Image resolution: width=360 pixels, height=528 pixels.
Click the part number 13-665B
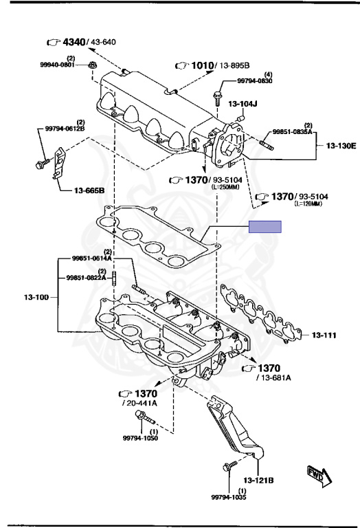click(x=89, y=190)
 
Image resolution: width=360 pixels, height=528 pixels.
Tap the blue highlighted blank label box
click(x=265, y=227)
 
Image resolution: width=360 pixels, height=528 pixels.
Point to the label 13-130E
click(x=341, y=146)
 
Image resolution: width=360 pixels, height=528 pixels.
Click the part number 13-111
click(x=324, y=335)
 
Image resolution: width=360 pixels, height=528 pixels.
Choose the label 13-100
click(x=36, y=297)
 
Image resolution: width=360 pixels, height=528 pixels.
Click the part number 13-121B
click(x=258, y=480)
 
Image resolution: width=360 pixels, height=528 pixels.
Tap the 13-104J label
click(x=243, y=104)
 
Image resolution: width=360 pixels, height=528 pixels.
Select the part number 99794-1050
click(x=140, y=438)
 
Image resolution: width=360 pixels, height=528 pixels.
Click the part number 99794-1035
click(x=229, y=497)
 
